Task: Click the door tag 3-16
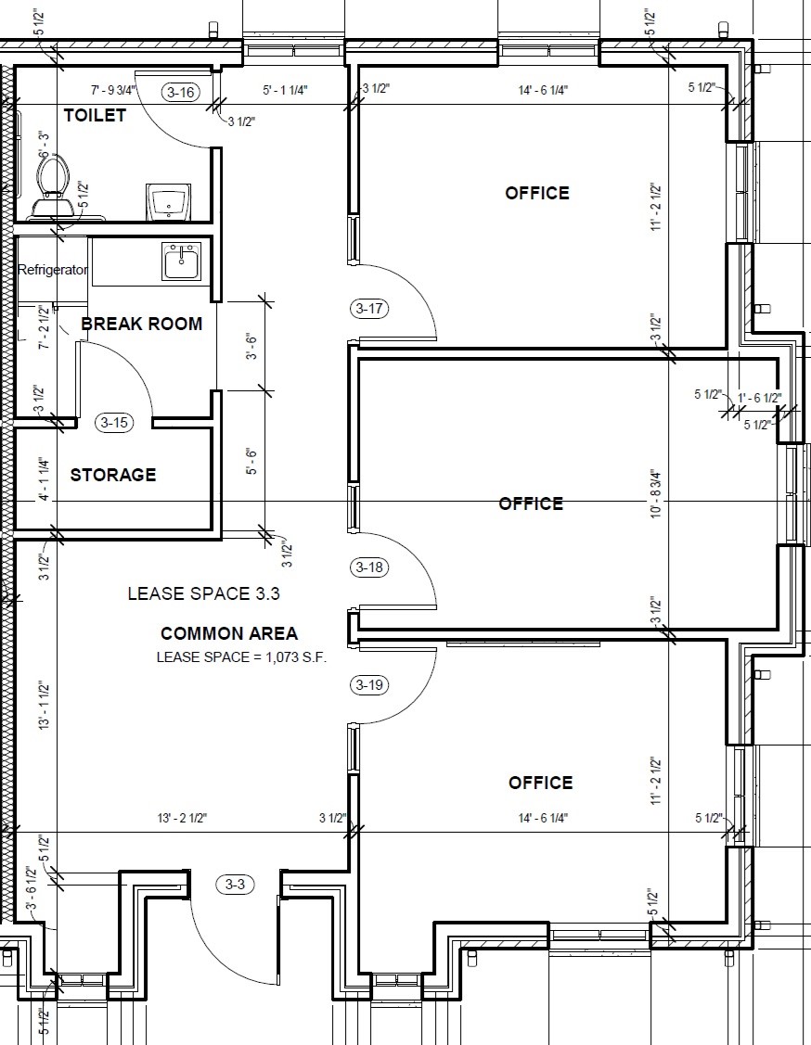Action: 181,92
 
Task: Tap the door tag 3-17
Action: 368,309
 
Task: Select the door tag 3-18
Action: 368,567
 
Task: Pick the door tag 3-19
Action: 368,685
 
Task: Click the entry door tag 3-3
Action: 235,885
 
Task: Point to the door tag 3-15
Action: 114,423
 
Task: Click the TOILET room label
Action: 95,115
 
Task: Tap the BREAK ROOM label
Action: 141,324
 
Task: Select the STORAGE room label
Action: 112,475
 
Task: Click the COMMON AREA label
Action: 229,633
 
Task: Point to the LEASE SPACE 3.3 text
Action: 203,593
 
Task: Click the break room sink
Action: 180,261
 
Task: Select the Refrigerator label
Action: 53,270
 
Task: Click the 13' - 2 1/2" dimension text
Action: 182,819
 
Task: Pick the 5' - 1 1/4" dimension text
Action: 285,90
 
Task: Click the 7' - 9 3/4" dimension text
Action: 113,89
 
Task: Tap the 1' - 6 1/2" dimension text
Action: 760,399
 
